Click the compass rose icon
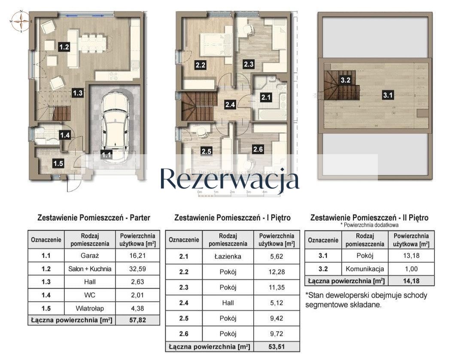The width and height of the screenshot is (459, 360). pos(21,21)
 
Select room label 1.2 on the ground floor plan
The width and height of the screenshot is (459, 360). pos(64,47)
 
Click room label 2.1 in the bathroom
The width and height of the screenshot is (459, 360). pos(267,97)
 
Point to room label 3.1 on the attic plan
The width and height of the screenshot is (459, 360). pos(388,96)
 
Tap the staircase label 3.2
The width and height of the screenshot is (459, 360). pos(346,79)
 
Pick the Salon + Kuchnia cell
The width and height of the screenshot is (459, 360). pos(90,269)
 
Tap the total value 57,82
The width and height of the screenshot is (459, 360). pos(137,320)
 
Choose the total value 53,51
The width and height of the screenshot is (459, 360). pos(276,346)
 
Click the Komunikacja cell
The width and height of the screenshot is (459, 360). pos(365,269)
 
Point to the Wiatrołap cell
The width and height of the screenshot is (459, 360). pos(90,308)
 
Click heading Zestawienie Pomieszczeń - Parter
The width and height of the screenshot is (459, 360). pos(94,218)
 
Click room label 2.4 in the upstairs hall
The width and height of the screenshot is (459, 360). pos(230,103)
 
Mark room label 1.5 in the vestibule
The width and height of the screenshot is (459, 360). pos(58,163)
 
